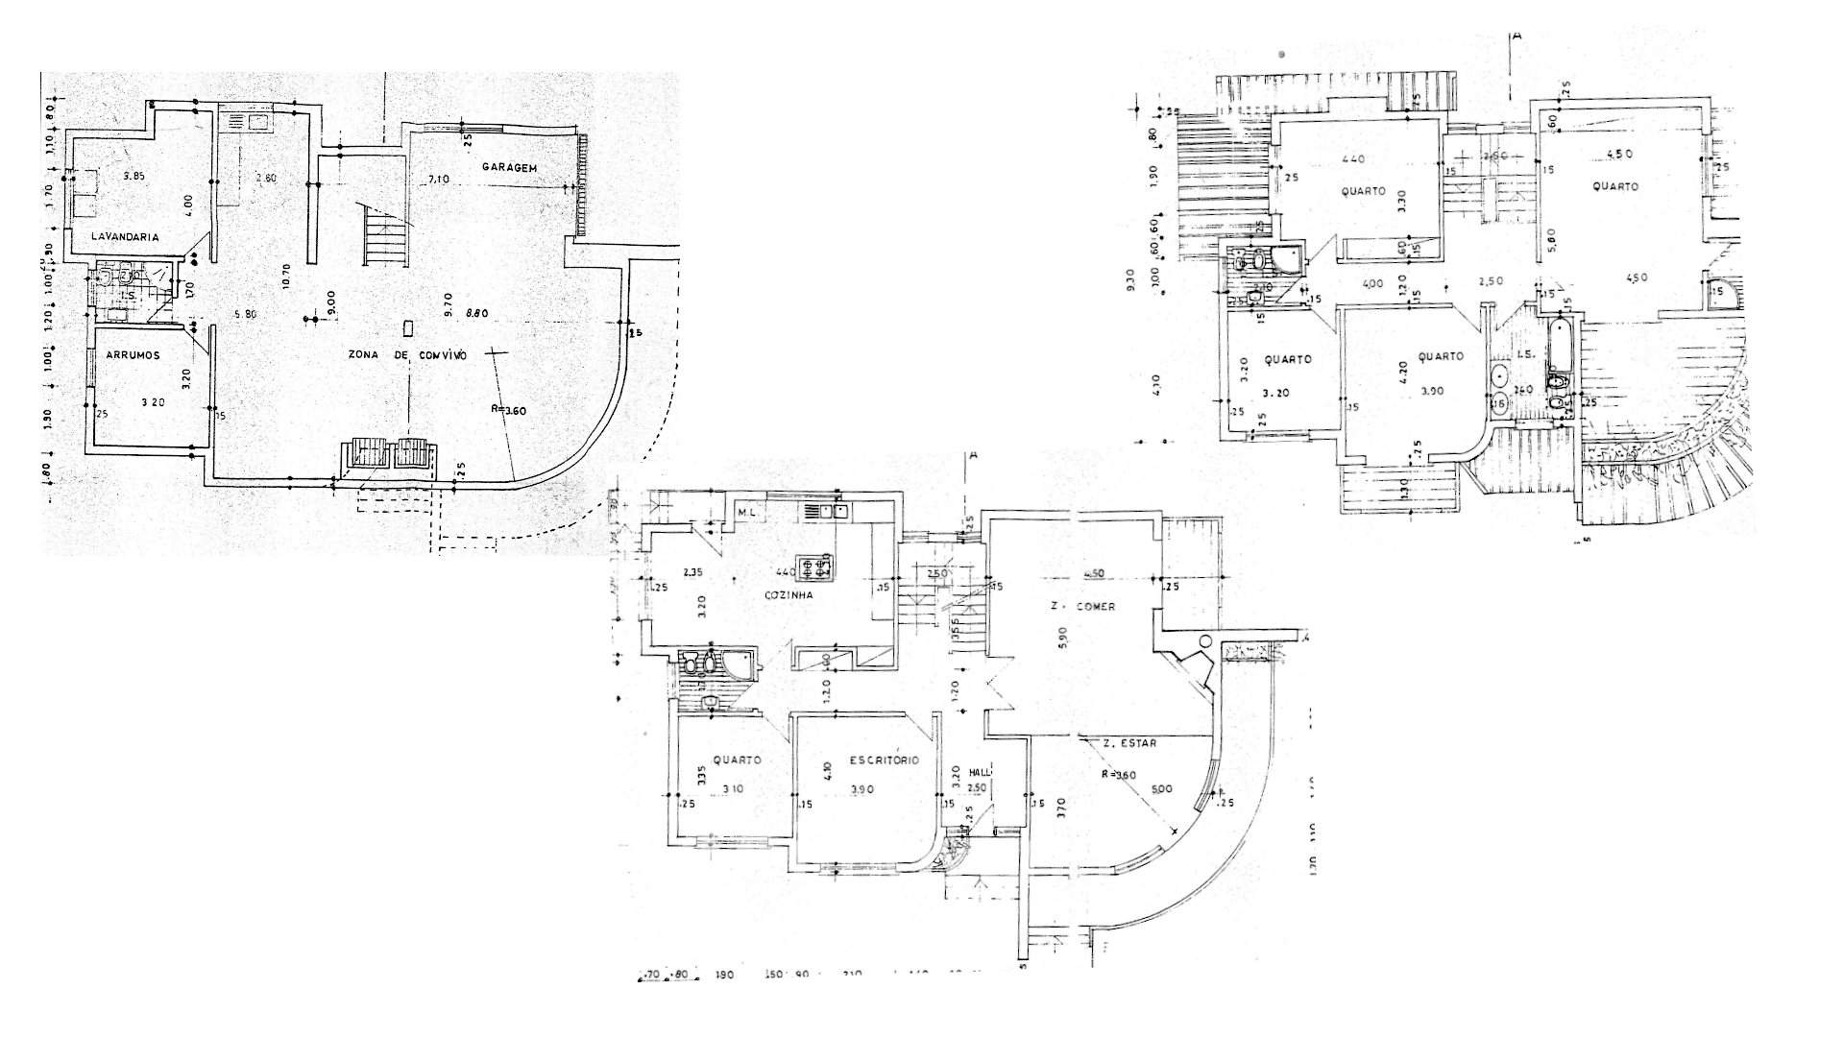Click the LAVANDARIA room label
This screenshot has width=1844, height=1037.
tap(125, 236)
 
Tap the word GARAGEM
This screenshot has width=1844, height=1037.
tap(509, 168)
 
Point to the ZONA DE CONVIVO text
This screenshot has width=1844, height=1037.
tap(407, 355)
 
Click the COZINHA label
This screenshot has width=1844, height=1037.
tap(789, 595)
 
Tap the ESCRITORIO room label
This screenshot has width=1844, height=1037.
tap(884, 760)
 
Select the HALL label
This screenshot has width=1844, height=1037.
tap(980, 772)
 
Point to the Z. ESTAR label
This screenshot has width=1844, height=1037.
tap(1129, 743)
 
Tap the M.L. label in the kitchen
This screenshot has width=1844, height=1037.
tap(749, 512)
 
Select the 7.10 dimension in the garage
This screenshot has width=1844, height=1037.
tap(438, 180)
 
